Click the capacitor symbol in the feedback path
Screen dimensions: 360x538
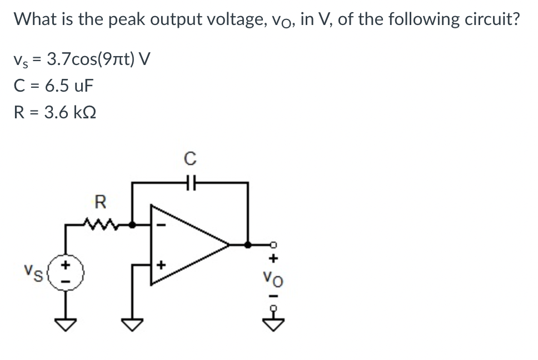coord(189,182)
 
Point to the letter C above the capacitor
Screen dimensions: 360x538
coord(189,159)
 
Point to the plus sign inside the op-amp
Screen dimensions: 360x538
coord(162,266)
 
